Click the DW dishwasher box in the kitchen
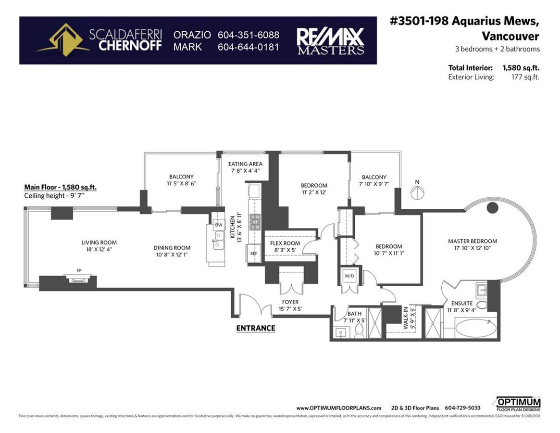click(218, 225)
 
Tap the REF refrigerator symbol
click(253, 253)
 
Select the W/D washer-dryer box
click(348, 276)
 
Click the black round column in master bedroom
click(492, 208)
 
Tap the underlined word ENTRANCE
click(256, 328)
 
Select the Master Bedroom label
click(472, 241)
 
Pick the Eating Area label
click(245, 164)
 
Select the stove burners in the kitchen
click(255, 222)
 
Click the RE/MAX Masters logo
click(330, 40)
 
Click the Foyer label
click(290, 302)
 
